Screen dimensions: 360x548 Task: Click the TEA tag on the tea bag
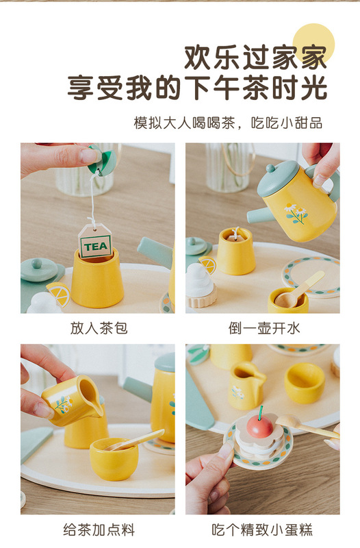95,242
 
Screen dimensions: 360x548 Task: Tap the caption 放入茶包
99,328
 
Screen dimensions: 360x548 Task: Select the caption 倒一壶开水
264,328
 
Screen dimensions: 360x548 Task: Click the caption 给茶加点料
99,530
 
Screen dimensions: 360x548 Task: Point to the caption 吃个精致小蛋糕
262,530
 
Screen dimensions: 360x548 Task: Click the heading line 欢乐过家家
255,58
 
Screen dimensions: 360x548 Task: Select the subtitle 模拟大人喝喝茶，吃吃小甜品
228,123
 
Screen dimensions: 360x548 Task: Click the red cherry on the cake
260,425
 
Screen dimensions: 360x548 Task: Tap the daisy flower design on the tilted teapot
296,213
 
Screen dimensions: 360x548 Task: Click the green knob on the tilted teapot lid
270,169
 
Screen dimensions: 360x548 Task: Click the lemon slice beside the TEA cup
59,294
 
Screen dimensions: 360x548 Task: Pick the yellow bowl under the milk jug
114,458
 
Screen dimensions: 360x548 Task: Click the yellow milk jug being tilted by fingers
73,401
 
